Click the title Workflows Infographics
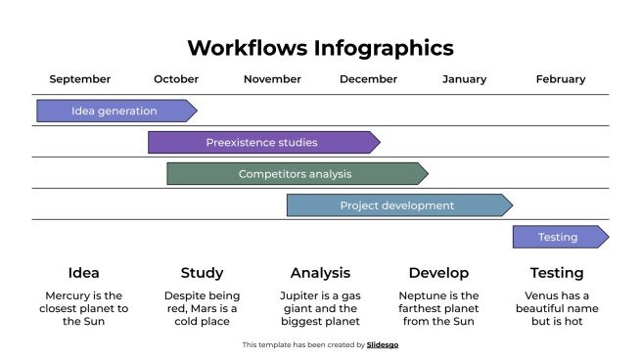320,48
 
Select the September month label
80,79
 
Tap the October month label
176,79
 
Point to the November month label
272,79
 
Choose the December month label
368,79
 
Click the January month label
464,79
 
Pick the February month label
561,79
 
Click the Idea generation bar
115,111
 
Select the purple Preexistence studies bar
262,142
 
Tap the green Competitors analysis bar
296,174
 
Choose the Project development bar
397,205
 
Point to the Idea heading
84,273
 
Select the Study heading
202,273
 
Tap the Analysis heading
320,273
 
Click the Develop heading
438,273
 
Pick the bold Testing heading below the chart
557,273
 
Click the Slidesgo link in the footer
383,344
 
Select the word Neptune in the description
422,295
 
